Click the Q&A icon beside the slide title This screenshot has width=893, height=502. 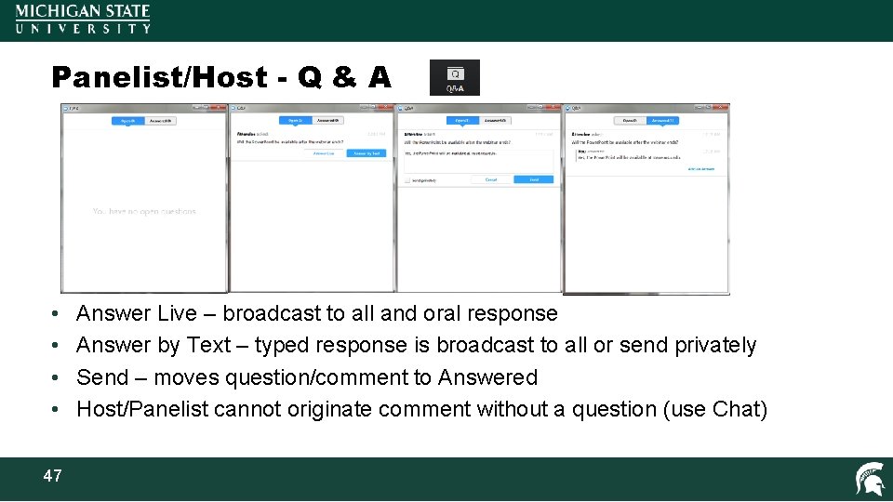[455, 77]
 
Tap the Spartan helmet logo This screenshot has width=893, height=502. [870, 479]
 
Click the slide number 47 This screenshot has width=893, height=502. [52, 476]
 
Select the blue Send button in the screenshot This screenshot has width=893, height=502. [534, 179]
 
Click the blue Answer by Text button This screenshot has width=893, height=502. [367, 153]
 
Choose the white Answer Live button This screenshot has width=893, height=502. [324, 153]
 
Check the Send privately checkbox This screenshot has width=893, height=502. [407, 179]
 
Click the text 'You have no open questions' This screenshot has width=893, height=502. [144, 212]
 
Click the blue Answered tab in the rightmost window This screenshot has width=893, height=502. [662, 121]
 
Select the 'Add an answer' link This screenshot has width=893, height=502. [700, 168]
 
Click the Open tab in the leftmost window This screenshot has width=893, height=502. [127, 121]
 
